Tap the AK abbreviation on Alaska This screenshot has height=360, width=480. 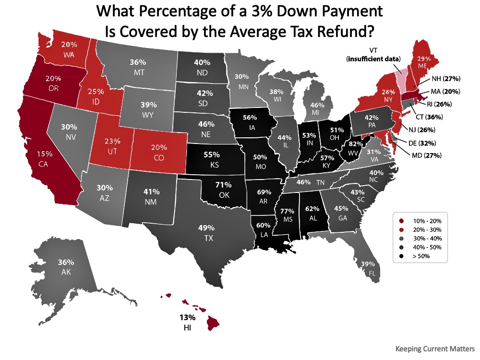click(x=66, y=271)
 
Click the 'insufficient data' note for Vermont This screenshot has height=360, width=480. click(x=373, y=59)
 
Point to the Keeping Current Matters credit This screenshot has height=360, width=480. click(x=435, y=348)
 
